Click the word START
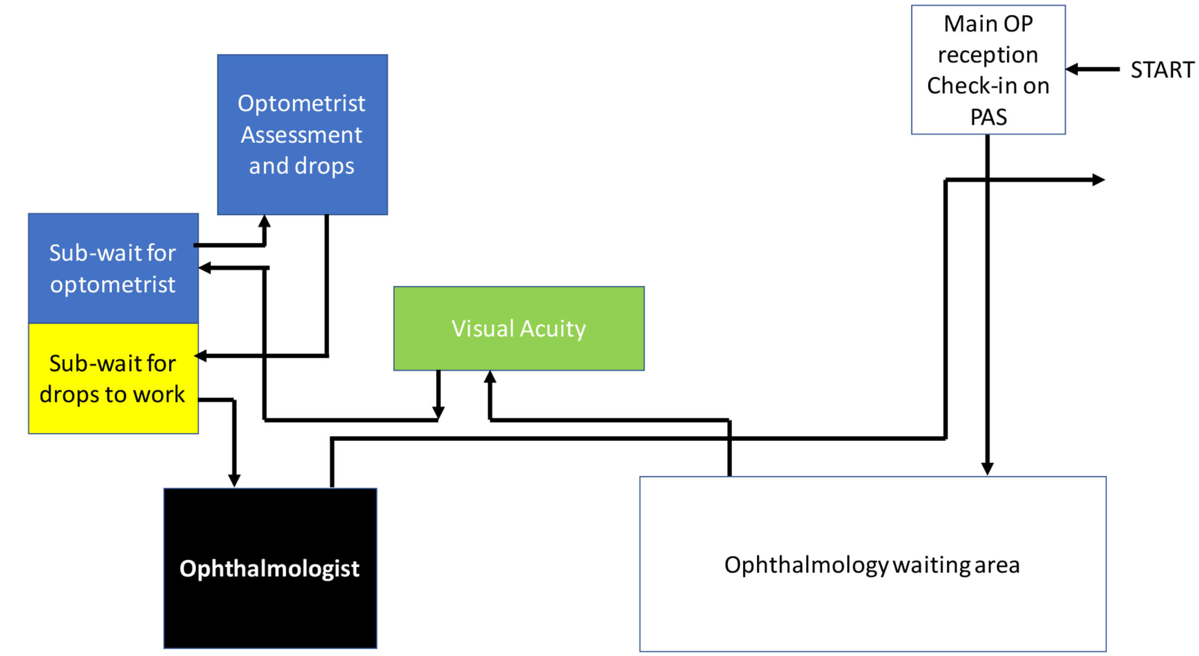pyautogui.click(x=1162, y=70)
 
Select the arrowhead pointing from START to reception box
pyautogui.click(x=1072, y=70)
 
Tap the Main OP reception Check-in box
pyautogui.click(x=988, y=70)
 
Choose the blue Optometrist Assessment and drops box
pyautogui.click(x=302, y=134)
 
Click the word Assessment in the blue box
pyautogui.click(x=302, y=135)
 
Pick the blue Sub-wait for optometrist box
pyautogui.click(x=113, y=269)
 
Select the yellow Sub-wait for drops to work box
pyautogui.click(x=113, y=379)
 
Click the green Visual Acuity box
pyautogui.click(x=519, y=329)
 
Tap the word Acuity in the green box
pyautogui.click(x=553, y=329)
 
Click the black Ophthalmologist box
pyautogui.click(x=270, y=568)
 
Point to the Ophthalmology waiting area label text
pyautogui.click(x=871, y=565)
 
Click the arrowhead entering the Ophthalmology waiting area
pyautogui.click(x=987, y=469)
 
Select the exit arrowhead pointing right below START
pyautogui.click(x=1098, y=180)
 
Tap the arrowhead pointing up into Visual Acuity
pyautogui.click(x=490, y=377)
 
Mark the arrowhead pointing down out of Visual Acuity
pyautogui.click(x=438, y=412)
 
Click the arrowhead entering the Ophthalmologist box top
pyautogui.click(x=234, y=480)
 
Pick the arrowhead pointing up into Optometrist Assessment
pyautogui.click(x=264, y=222)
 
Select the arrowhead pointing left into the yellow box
pyautogui.click(x=201, y=356)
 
